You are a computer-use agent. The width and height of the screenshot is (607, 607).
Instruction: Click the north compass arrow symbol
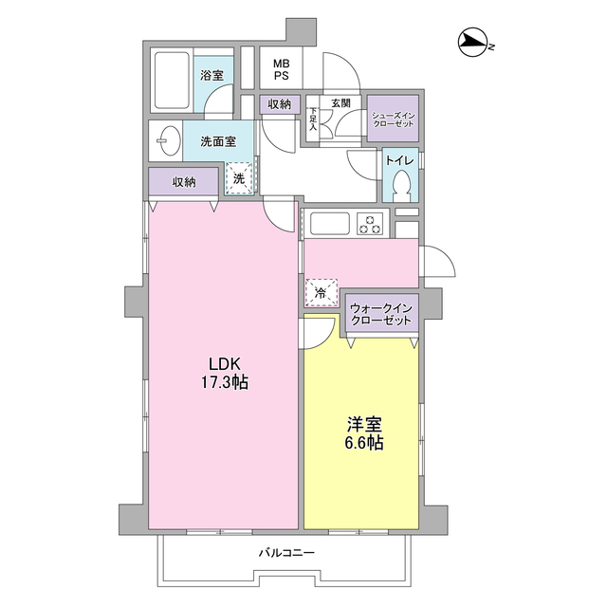(471, 41)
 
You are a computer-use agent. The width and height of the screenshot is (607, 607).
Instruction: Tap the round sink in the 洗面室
(166, 143)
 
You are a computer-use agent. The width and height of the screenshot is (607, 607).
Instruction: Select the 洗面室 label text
(218, 142)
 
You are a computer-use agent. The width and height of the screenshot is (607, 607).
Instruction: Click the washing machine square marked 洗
(239, 177)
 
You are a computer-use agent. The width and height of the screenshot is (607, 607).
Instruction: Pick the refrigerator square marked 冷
(321, 293)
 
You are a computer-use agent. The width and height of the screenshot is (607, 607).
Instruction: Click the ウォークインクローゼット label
(380, 314)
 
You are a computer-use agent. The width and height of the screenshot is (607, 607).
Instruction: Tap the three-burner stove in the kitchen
(369, 225)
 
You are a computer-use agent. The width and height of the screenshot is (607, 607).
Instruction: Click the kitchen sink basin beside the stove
(329, 225)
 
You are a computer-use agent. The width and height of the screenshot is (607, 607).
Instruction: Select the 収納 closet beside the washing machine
(183, 181)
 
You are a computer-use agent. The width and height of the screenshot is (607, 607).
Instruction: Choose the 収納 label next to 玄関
(279, 103)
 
